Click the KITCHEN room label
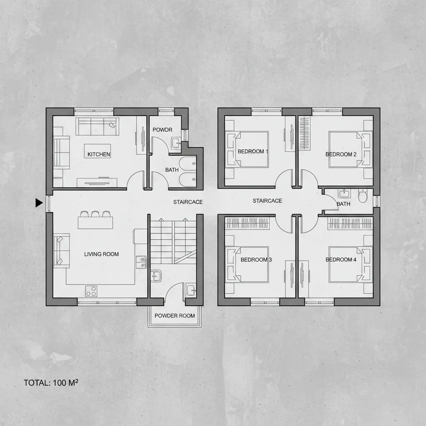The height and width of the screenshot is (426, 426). click(x=99, y=154)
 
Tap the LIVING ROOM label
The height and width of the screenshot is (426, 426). click(x=102, y=254)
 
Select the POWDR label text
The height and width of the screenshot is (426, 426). click(x=162, y=130)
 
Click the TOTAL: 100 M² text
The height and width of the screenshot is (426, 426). click(x=51, y=383)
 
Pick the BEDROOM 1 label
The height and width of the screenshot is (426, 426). click(x=253, y=151)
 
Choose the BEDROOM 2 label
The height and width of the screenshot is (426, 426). click(x=341, y=154)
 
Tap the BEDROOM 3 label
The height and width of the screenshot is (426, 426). click(x=256, y=260)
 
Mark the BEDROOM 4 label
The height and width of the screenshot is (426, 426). click(x=341, y=260)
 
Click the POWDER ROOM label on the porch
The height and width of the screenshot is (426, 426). click(x=175, y=316)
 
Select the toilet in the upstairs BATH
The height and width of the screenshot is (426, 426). click(x=363, y=195)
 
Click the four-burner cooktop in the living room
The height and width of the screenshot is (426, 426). click(x=91, y=291)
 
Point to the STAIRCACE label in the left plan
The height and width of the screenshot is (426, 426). click(x=188, y=202)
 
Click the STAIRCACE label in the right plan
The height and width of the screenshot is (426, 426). click(x=267, y=201)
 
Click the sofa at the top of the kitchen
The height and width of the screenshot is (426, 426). click(x=97, y=126)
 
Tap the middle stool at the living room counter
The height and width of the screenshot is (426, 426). click(x=96, y=214)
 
